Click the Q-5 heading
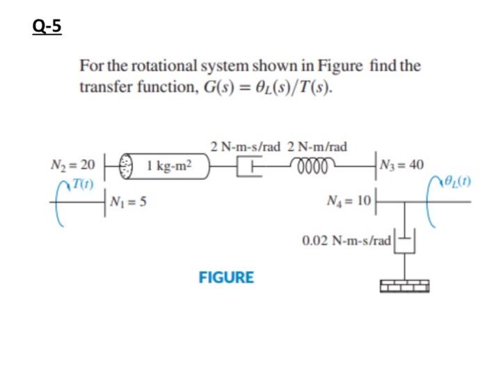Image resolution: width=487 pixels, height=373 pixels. tap(47, 26)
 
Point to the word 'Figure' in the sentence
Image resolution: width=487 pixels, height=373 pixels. tap(340, 67)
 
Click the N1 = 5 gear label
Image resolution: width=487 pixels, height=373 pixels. tap(128, 203)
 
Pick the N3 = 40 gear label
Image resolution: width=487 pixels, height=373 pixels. tap(406, 165)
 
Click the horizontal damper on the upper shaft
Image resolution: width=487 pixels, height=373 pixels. tap(248, 167)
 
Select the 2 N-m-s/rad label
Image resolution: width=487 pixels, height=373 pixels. tap(246, 147)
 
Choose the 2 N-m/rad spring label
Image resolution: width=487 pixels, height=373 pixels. tap(317, 147)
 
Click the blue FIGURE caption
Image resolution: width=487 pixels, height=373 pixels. tap(226, 278)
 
